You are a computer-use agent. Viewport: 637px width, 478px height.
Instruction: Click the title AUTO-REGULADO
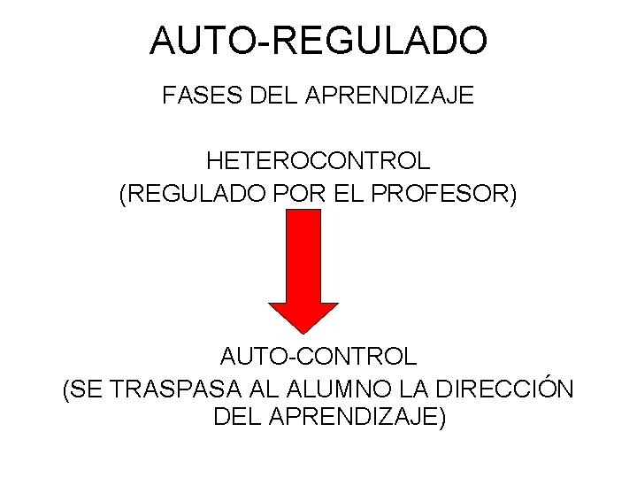[x=318, y=41]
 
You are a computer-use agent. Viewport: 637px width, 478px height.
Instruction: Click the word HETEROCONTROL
[x=318, y=162]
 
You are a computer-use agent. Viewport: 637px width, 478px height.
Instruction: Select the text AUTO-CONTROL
[x=318, y=357]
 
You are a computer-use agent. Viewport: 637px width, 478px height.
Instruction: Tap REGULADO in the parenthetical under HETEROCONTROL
[x=189, y=194]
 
